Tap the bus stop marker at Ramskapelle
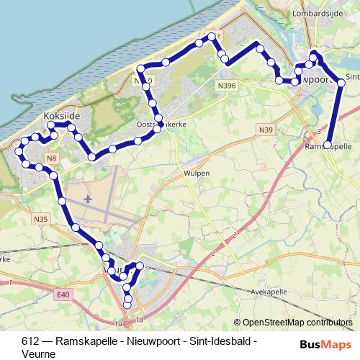pyautogui.click(x=328, y=145)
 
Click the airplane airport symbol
pyautogui.click(x=89, y=199)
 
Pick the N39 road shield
pyautogui.click(x=266, y=130)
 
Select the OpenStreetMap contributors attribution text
pyautogui.click(x=297, y=322)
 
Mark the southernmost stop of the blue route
pyautogui.click(x=128, y=305)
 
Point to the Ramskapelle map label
pyautogui.click(x=329, y=145)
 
